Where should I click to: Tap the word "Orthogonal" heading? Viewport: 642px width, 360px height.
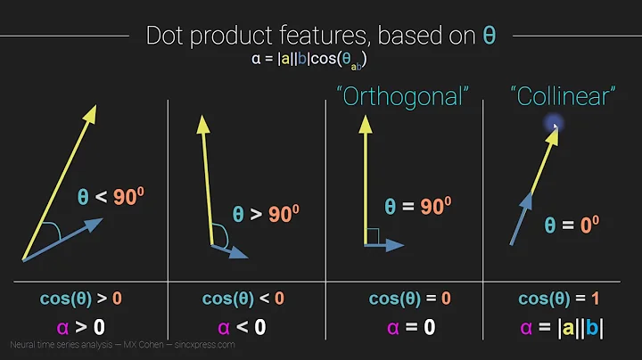pyautogui.click(x=401, y=97)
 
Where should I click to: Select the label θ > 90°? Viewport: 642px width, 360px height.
pyautogui.click(x=266, y=214)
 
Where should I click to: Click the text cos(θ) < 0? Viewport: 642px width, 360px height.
pyautogui.click(x=243, y=298)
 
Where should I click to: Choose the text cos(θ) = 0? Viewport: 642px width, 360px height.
pyautogui.click(x=402, y=298)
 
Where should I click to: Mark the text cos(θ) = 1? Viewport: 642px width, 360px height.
pyautogui.click(x=561, y=298)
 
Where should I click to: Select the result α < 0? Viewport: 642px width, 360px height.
pyautogui.click(x=243, y=327)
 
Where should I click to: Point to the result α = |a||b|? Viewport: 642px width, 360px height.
pyautogui.click(x=561, y=327)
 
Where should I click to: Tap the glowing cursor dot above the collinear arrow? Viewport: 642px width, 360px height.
pyautogui.click(x=554, y=127)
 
